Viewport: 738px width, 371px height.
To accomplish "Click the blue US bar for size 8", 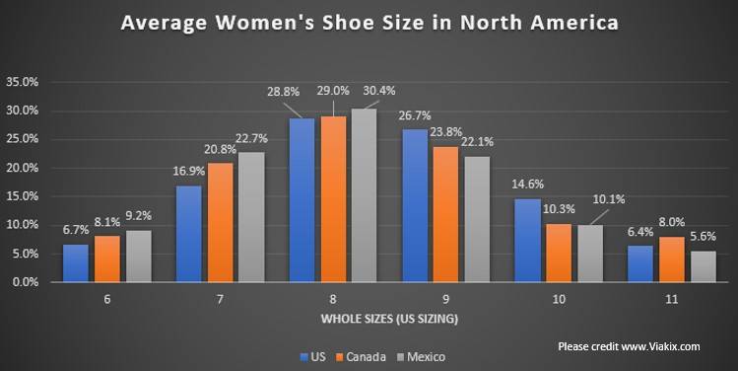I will coord(302,200).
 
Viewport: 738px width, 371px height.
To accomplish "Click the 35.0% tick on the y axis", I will coord(23,82).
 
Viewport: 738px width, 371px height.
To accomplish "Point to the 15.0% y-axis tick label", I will coord(23,196).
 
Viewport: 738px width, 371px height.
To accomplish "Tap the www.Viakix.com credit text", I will coord(660,346).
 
